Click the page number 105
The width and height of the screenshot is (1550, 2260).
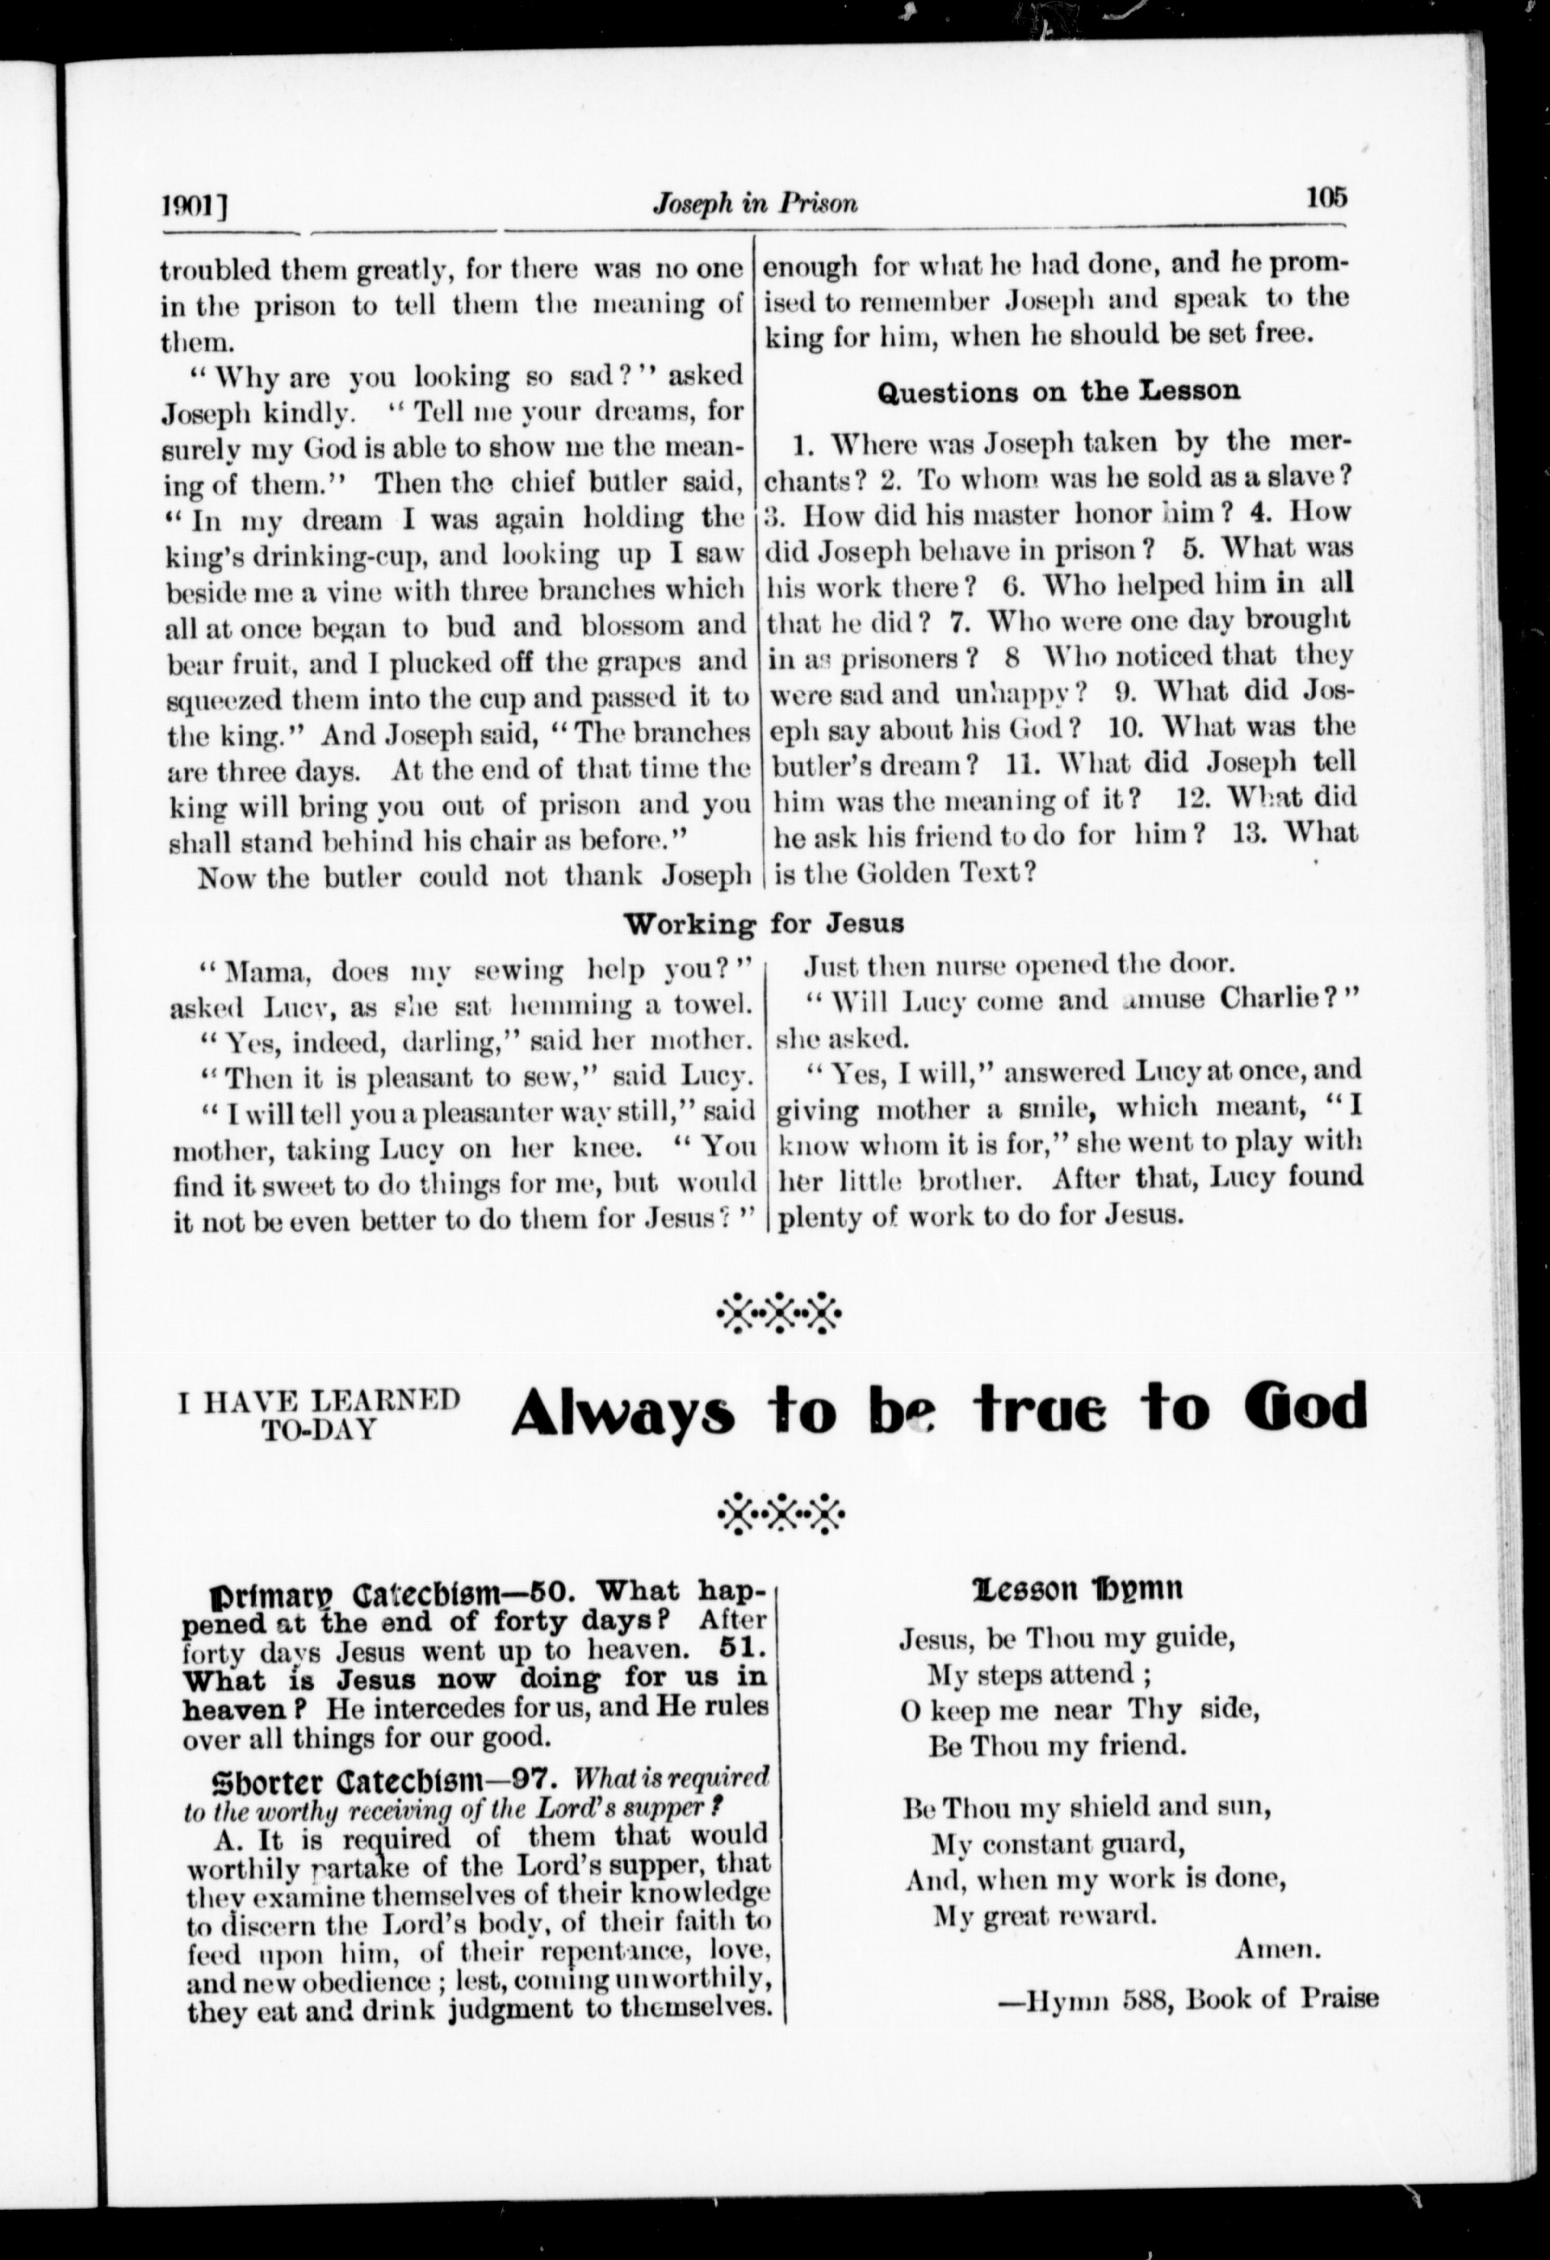(1327, 198)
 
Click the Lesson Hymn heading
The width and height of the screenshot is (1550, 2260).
(1076, 1589)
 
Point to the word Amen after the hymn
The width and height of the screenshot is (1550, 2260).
(1278, 1948)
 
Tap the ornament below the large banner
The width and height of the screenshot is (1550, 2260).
(781, 1512)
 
